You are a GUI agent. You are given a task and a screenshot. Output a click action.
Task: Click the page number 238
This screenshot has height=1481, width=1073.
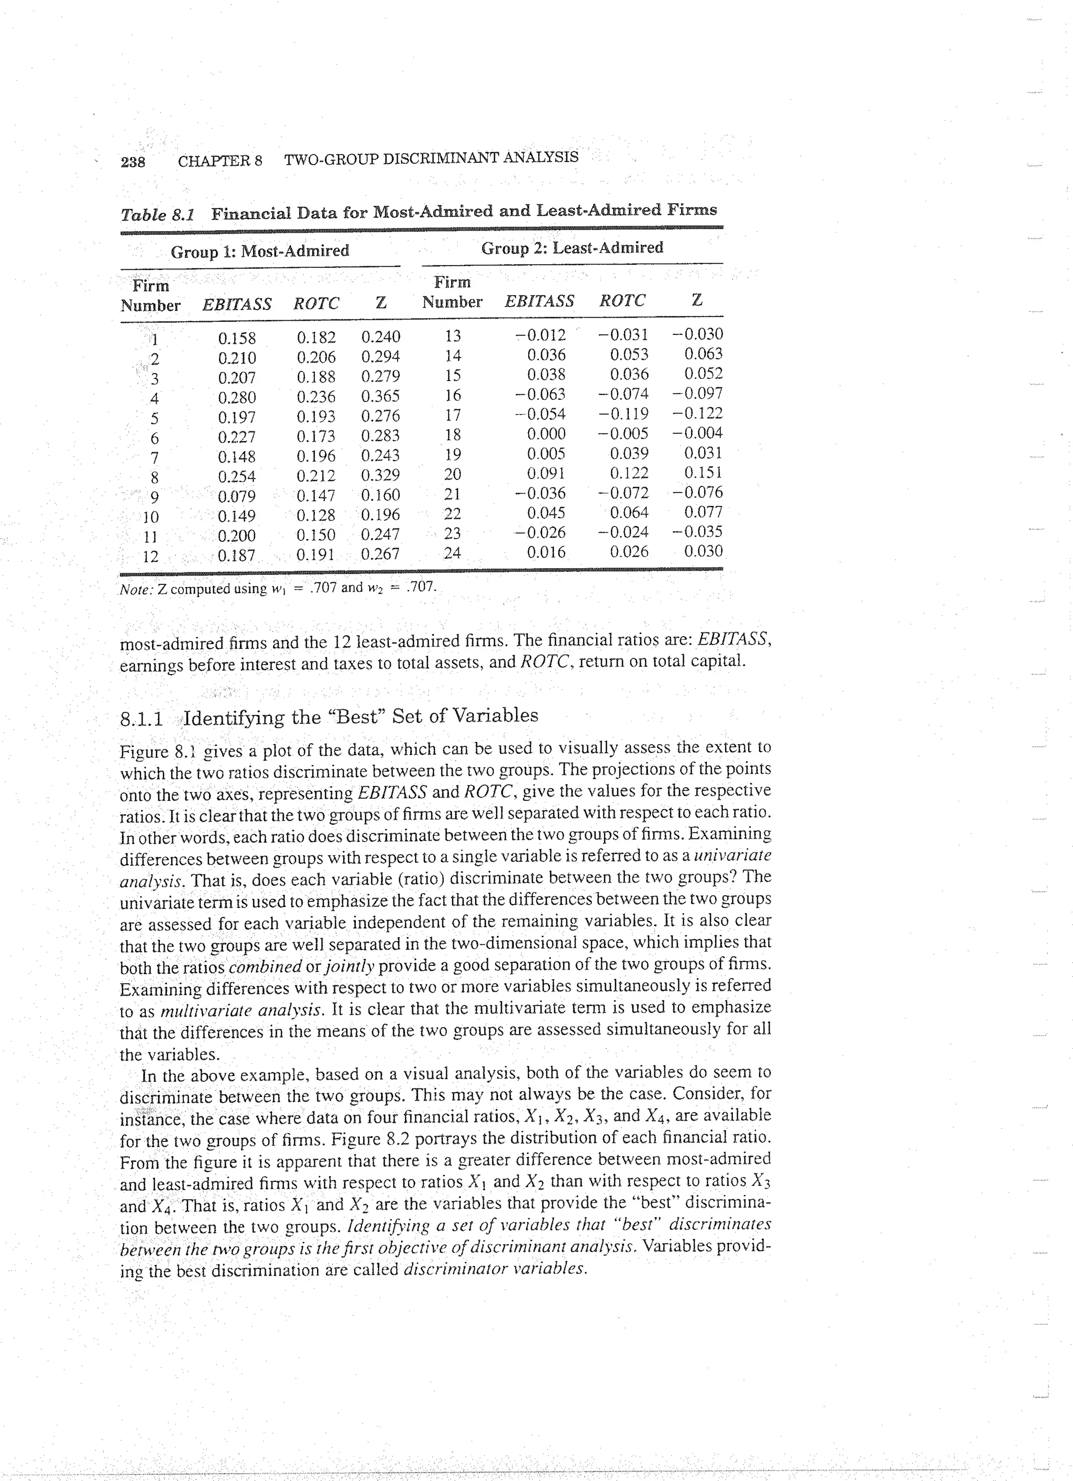point(133,161)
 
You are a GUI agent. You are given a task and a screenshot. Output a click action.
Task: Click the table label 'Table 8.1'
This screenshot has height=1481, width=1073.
point(157,215)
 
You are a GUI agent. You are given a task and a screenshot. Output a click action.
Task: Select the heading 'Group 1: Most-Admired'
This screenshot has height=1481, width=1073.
point(260,251)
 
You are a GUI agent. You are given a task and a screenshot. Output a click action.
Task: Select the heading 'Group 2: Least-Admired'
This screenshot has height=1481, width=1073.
point(572,247)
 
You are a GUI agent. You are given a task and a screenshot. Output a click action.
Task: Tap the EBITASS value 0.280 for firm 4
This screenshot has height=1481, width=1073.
point(237,398)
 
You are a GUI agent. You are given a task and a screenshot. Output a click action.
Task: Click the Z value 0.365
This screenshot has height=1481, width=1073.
point(380,396)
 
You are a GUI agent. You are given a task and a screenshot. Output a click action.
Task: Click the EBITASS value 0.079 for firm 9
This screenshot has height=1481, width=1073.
point(237,496)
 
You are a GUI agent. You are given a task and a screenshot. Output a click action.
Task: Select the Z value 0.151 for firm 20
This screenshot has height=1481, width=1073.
point(703,472)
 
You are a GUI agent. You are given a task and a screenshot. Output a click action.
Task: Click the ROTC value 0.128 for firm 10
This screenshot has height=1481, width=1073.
point(316,516)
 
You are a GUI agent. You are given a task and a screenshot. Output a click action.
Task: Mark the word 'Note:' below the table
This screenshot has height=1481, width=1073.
point(136,589)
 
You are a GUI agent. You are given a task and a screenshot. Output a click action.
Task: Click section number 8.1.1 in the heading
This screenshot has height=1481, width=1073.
point(143,719)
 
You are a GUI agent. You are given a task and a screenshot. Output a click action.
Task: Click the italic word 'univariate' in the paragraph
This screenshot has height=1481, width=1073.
point(731,855)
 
